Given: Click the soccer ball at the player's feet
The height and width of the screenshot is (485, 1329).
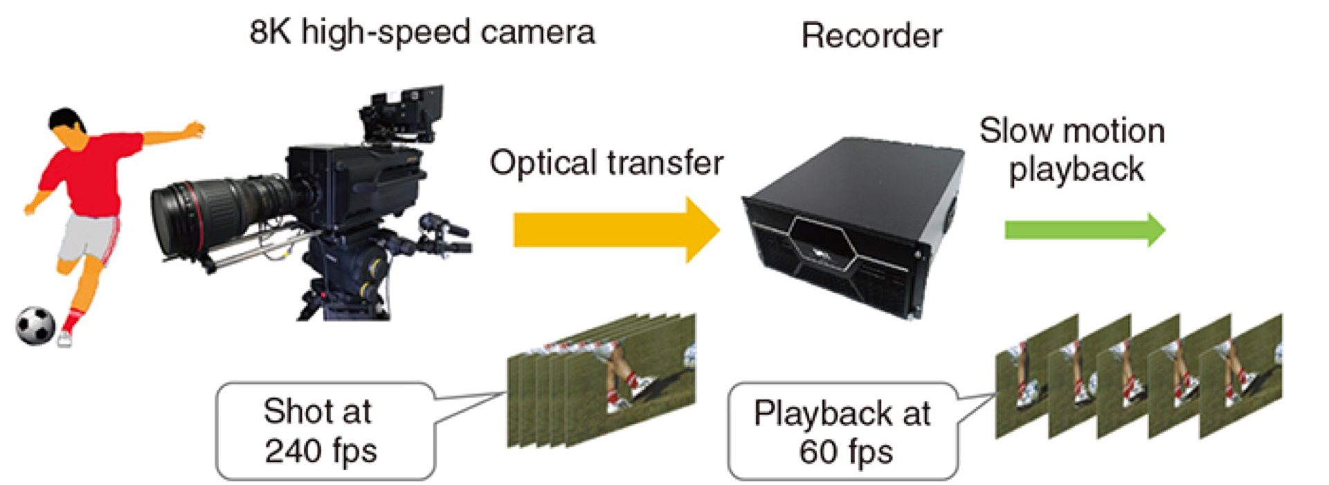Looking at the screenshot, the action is [35, 325].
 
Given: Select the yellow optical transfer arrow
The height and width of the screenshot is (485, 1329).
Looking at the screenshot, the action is [616, 229].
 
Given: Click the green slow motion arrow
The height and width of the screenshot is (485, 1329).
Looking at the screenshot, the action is [1085, 229].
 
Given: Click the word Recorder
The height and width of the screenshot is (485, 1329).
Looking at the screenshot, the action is [871, 35].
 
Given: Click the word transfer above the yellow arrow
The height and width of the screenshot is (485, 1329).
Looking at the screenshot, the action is [666, 163].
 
